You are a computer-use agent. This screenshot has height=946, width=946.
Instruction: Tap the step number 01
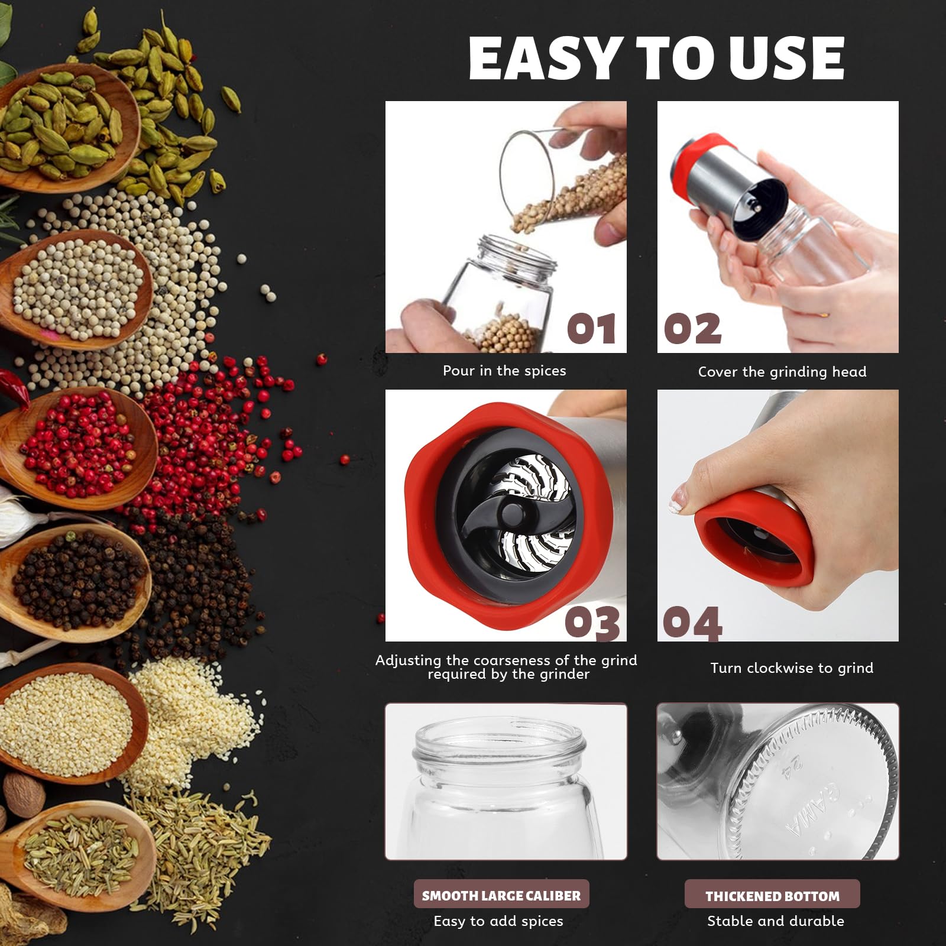pyautogui.click(x=591, y=329)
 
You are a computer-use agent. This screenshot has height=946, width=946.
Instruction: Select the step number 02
pyautogui.click(x=692, y=329)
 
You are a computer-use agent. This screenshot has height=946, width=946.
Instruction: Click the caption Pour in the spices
pyautogui.click(x=504, y=371)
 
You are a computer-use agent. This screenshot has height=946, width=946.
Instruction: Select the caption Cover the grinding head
pyautogui.click(x=782, y=372)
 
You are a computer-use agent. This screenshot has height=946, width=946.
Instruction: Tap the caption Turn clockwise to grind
pyautogui.click(x=792, y=668)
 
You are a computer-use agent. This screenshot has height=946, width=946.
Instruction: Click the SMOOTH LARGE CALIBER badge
pyautogui.click(x=501, y=896)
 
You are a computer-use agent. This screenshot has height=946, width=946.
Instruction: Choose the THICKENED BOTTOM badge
pyautogui.click(x=772, y=896)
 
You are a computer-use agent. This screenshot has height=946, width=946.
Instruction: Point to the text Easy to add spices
pyautogui.click(x=498, y=921)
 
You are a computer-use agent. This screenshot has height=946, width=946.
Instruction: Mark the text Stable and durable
pyautogui.click(x=776, y=921)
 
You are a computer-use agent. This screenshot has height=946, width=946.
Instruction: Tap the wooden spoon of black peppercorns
pyautogui.click(x=74, y=582)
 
